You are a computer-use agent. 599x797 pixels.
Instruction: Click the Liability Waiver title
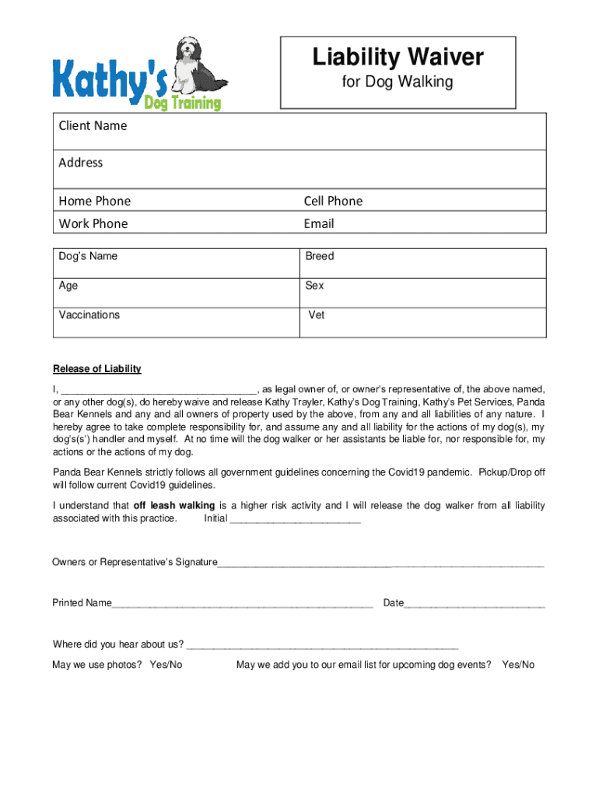[x=398, y=57]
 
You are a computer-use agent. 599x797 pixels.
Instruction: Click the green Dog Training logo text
[x=182, y=100]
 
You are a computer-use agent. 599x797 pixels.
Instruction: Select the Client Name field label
[x=93, y=125]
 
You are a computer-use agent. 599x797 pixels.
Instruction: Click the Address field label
[x=80, y=163]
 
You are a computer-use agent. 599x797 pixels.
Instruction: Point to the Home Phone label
[x=94, y=201]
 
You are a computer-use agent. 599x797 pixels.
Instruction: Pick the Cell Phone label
[x=333, y=201]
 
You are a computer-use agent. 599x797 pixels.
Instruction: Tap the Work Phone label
[x=93, y=223]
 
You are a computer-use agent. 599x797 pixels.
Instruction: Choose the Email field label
[x=319, y=223]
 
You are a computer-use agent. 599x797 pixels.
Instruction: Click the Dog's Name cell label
[x=88, y=256]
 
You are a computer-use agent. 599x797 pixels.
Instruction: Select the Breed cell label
[x=320, y=256]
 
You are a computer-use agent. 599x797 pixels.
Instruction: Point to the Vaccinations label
[x=89, y=315]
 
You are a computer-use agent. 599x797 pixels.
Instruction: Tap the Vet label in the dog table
[x=317, y=315]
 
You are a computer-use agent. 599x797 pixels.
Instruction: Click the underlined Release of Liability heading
[x=96, y=369]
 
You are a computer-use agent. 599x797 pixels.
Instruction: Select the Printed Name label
[x=82, y=603]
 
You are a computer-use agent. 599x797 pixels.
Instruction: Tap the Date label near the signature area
[x=394, y=603]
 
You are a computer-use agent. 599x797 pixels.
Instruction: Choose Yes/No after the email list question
[x=518, y=665]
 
